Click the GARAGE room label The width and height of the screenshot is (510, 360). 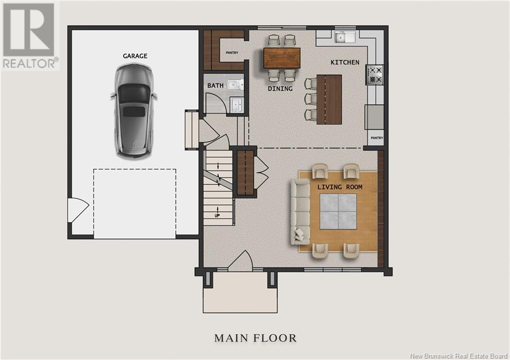(x=135, y=56)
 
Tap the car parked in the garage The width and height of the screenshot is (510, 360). (x=134, y=111)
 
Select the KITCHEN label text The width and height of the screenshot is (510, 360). (x=345, y=62)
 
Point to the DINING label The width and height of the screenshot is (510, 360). (x=280, y=88)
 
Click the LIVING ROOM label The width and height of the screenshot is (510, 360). (x=340, y=187)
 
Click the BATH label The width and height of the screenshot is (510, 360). (x=215, y=86)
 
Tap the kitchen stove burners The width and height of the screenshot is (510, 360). (x=375, y=75)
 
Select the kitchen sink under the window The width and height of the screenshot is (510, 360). (x=345, y=37)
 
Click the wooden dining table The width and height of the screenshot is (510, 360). (x=282, y=58)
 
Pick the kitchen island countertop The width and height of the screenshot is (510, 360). (x=329, y=99)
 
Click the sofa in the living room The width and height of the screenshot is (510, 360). (x=300, y=211)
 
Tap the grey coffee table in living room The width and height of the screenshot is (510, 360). (x=338, y=212)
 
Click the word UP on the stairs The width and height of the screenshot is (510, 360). (x=217, y=216)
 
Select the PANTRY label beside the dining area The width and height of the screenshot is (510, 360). (x=232, y=52)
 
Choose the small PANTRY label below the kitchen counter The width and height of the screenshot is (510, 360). (x=377, y=138)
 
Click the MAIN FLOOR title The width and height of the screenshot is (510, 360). (x=255, y=338)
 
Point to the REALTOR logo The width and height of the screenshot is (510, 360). (x=30, y=35)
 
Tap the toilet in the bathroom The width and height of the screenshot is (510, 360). (x=235, y=85)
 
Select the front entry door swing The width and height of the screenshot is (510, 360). (x=241, y=260)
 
